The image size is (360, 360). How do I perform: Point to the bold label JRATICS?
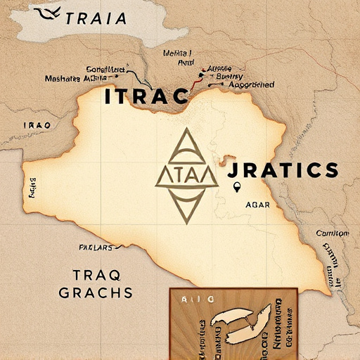283,169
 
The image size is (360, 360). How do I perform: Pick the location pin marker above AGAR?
237,187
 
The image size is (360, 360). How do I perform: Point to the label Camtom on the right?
332,233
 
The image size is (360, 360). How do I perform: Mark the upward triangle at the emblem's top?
186,146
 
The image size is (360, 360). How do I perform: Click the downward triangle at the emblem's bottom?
186,207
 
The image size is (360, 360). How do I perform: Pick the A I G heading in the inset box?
189,300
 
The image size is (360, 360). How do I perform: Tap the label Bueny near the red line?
231,76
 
